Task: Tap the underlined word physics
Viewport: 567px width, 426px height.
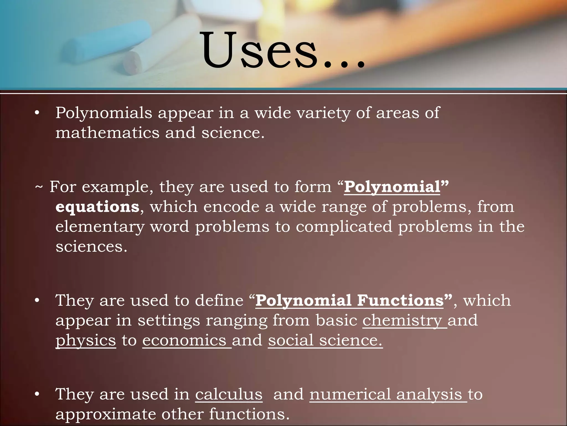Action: point(86,341)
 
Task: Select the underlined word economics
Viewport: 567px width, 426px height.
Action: point(184,341)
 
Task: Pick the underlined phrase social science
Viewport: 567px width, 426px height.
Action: point(325,341)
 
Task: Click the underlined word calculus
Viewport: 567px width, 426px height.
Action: point(229,394)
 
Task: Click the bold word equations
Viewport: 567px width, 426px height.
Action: point(97,207)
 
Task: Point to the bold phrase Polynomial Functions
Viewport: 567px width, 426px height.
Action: point(350,301)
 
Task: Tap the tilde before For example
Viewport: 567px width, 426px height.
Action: point(39,187)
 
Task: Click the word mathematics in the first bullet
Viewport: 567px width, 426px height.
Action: point(107,133)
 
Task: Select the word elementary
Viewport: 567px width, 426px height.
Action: point(100,227)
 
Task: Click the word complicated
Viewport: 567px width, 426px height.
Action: point(344,227)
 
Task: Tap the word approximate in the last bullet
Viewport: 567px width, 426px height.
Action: point(105,414)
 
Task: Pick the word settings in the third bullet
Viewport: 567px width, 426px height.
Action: point(169,321)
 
